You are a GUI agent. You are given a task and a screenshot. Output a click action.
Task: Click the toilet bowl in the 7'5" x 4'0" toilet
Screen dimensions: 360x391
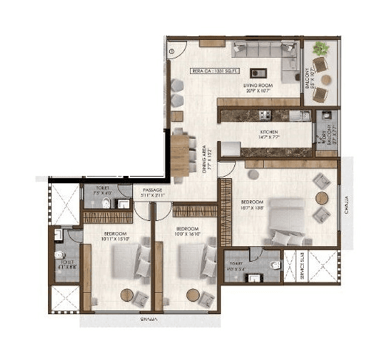click(x=107, y=203)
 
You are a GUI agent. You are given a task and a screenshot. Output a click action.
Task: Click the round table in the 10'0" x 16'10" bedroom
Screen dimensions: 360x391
click(x=193, y=294)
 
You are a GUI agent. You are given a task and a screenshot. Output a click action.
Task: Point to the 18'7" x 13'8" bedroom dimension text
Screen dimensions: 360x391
click(x=254, y=207)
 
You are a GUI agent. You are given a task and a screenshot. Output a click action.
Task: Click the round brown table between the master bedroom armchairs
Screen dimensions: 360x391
click(x=322, y=198)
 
